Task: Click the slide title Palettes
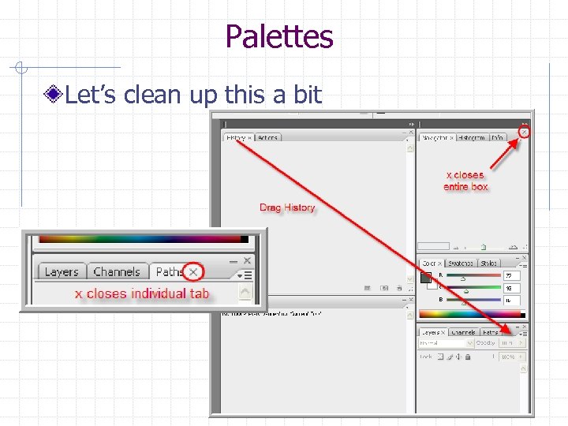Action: [278, 35]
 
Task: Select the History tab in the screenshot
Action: [236, 137]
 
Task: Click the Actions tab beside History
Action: [267, 137]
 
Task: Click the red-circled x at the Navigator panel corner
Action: [525, 132]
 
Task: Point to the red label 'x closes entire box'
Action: [465, 181]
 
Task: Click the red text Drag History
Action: [287, 207]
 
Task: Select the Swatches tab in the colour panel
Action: [461, 263]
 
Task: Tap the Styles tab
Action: [489, 263]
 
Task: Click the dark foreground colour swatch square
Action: [426, 277]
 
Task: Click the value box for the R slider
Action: [512, 276]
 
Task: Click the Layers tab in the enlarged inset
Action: [61, 271]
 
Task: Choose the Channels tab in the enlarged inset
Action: [116, 271]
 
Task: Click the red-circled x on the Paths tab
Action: [193, 272]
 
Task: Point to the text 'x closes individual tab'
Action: [142, 293]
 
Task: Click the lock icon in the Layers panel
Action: [468, 357]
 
